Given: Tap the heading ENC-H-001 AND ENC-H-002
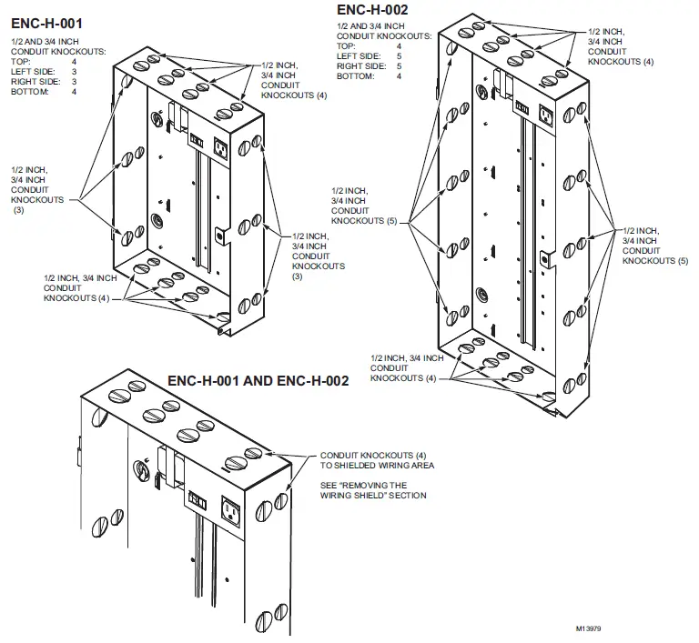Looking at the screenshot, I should pos(258,381).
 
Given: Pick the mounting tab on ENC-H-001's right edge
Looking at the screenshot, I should pos(219,235).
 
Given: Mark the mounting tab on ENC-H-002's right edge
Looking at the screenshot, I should pos(543,259).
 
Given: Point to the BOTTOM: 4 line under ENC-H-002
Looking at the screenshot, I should pos(369,75).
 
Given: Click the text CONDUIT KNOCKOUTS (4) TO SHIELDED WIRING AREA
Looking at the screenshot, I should pos(377,460).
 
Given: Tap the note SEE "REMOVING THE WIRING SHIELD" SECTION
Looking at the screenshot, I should pos(373,490).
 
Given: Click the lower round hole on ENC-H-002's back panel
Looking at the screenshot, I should pos(481,294).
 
